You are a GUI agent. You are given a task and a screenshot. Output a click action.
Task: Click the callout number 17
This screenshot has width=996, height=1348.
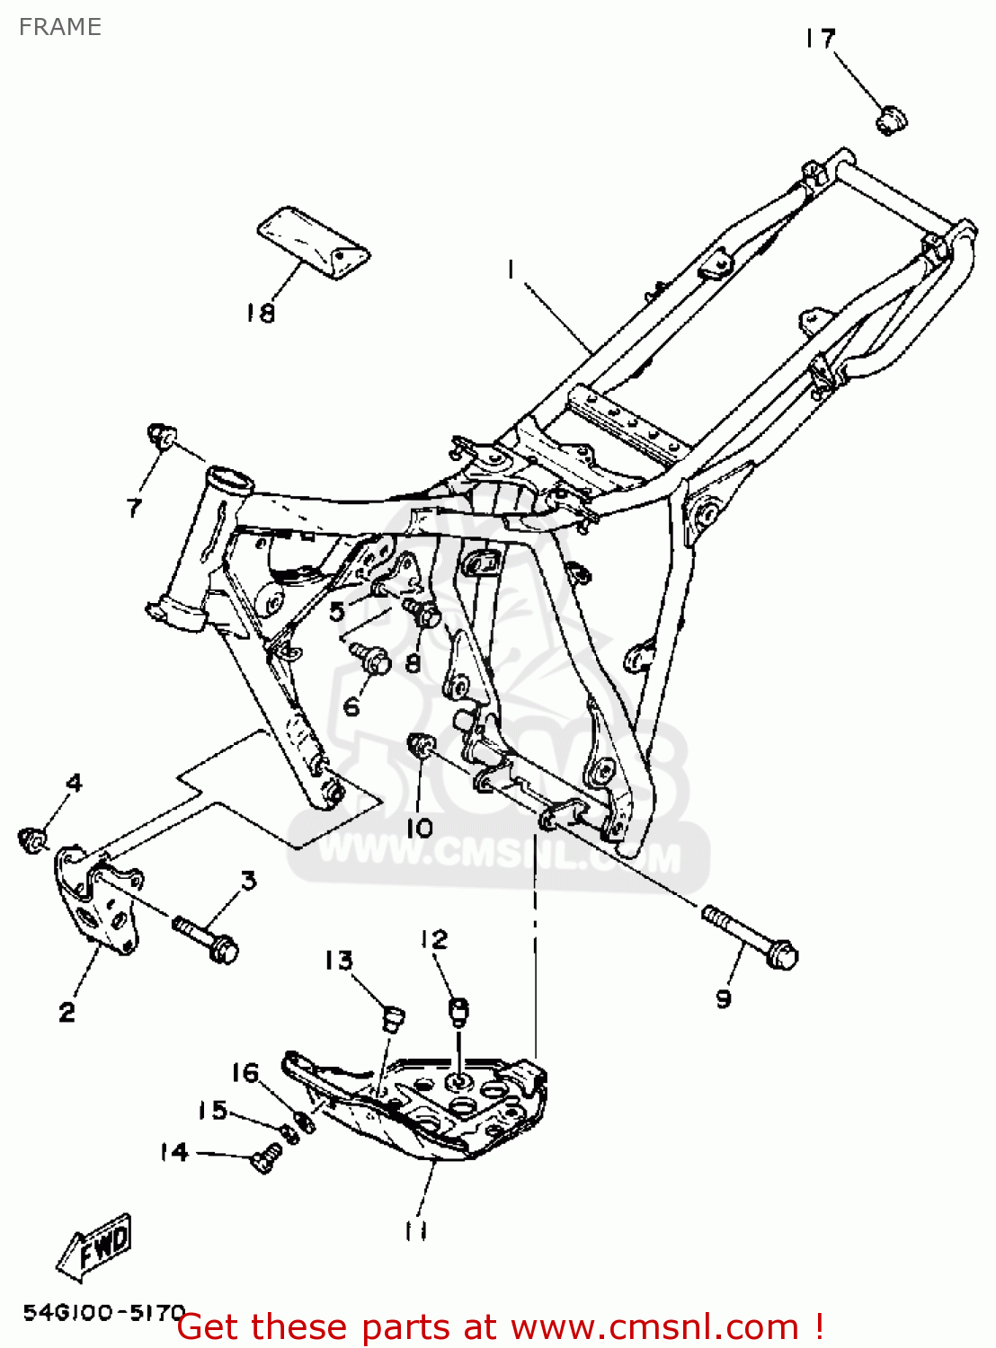[x=820, y=39]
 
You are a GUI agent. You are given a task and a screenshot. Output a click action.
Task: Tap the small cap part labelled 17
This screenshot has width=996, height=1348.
[x=891, y=119]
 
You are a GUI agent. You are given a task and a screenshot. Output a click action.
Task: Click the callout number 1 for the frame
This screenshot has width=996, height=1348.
[x=511, y=269]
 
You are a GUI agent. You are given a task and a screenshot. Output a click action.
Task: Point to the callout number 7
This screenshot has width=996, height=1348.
[x=135, y=508]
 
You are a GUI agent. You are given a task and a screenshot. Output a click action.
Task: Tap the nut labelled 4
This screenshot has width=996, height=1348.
[x=33, y=839]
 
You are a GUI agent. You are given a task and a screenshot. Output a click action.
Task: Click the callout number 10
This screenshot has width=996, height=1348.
[x=420, y=828]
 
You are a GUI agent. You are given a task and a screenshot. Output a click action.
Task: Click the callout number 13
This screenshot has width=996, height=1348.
[x=339, y=961]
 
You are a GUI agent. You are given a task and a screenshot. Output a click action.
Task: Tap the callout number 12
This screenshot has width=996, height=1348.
[x=433, y=939]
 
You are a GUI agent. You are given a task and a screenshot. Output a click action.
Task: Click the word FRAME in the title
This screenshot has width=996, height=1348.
[x=60, y=27]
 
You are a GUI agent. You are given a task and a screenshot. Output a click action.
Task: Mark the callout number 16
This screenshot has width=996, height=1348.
[x=245, y=1073]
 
